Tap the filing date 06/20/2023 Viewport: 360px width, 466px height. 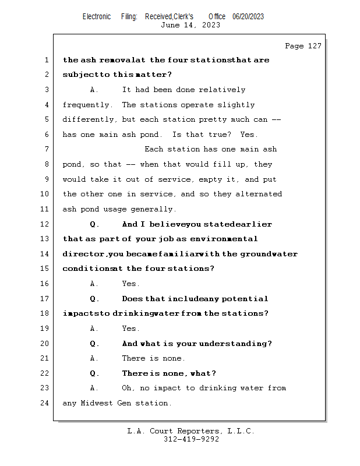click(248, 16)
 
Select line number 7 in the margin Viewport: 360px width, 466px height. click(47, 149)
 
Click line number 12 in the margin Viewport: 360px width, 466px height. click(45, 224)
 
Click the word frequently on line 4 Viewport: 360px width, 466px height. click(87, 105)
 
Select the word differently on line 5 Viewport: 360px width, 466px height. click(89, 119)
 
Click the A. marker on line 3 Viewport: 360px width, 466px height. click(94, 90)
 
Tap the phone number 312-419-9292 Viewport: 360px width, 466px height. click(191, 439)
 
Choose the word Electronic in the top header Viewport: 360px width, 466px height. click(97, 16)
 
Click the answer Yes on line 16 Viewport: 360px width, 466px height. click(130, 284)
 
